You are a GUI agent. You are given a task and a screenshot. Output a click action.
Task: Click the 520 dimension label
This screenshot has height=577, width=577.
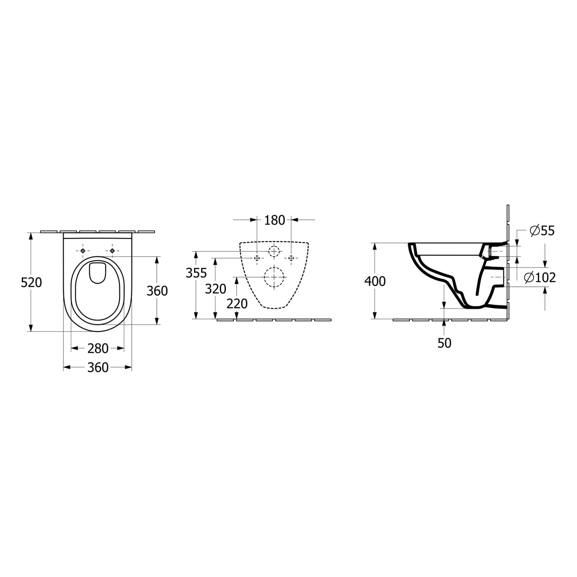(x=31, y=283)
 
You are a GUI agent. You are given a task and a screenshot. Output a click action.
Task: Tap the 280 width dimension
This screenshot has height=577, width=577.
(x=98, y=349)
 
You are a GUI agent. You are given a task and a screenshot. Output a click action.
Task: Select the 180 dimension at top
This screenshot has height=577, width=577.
(x=275, y=220)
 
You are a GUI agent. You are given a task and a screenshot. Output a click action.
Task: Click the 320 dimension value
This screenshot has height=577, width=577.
(x=215, y=288)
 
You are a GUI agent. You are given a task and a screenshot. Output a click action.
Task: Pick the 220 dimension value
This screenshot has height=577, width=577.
(x=237, y=304)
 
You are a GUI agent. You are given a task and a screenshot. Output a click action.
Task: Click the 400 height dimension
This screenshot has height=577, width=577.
(x=375, y=281)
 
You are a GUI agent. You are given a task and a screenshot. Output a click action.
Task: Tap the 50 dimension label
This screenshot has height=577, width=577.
(x=444, y=343)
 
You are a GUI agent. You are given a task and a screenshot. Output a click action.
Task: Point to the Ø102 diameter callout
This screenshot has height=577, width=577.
(x=540, y=277)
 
